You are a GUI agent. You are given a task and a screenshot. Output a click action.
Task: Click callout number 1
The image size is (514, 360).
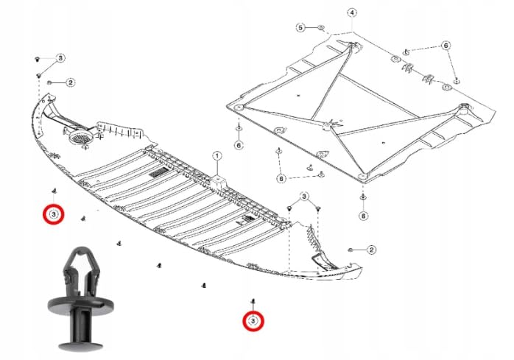(x=216, y=156)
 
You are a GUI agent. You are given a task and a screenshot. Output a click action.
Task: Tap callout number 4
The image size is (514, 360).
(x=352, y=13)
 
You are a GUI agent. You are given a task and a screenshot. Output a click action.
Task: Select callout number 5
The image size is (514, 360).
(x=301, y=27)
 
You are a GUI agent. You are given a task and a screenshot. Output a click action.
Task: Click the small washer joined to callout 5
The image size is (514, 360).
(x=321, y=28)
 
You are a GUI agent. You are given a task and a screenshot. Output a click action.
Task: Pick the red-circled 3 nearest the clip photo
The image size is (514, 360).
(x=54, y=214)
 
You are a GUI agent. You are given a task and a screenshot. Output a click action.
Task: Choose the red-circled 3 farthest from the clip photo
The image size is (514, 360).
(x=253, y=321)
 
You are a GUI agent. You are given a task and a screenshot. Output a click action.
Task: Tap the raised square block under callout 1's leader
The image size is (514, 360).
(x=219, y=182)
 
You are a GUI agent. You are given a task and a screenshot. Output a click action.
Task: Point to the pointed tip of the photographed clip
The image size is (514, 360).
(x=81, y=249)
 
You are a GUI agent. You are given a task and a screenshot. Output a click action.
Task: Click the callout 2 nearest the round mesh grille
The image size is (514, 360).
(x=71, y=82)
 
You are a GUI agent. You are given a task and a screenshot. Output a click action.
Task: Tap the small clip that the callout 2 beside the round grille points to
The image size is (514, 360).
(x=50, y=82)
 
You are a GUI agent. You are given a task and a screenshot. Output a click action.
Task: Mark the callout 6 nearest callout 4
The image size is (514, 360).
(x=446, y=45)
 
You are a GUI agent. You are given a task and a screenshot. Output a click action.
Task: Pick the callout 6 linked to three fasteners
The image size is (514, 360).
(x=281, y=179)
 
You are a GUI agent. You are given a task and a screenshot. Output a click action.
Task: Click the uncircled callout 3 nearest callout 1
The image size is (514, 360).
(x=304, y=197)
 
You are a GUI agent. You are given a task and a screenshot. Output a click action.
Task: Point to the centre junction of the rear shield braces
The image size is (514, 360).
(x=328, y=125)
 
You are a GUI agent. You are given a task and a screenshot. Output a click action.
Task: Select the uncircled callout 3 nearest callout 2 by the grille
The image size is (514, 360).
(x=60, y=58)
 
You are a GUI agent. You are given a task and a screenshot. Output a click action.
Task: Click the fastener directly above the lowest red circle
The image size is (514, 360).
(x=253, y=301)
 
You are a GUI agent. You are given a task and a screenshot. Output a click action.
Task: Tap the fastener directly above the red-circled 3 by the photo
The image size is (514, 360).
(x=54, y=191)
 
